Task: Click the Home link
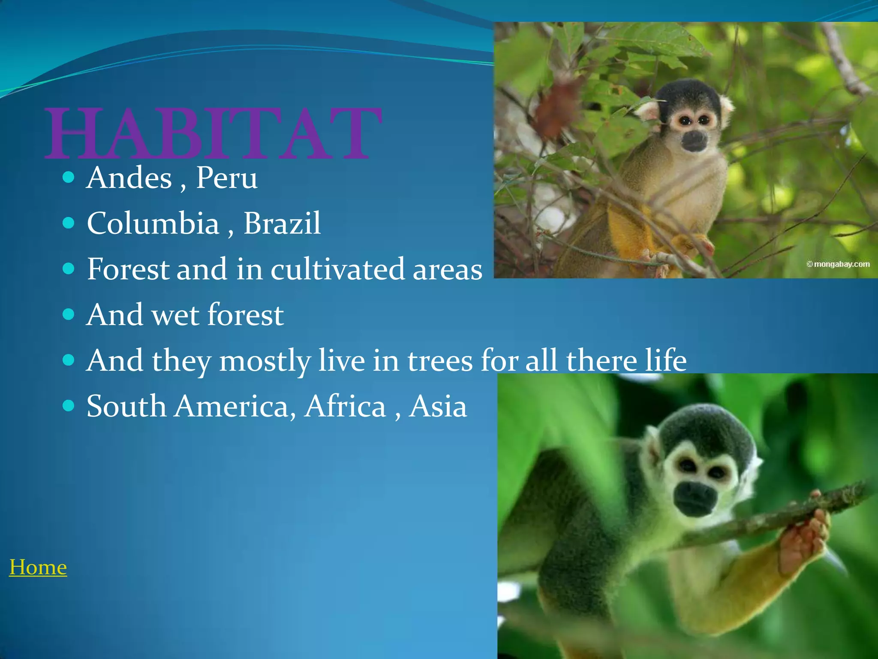pyautogui.click(x=38, y=567)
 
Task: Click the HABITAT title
pyautogui.click(x=213, y=133)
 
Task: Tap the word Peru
pyautogui.click(x=226, y=178)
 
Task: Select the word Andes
pyautogui.click(x=129, y=178)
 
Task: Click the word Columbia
pyautogui.click(x=153, y=224)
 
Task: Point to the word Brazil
pyautogui.click(x=282, y=224)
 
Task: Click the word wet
pyautogui.click(x=175, y=315)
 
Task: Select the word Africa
pyautogui.click(x=346, y=406)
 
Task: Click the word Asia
pyautogui.click(x=438, y=406)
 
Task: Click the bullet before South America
pyautogui.click(x=68, y=405)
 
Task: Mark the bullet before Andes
pyautogui.click(x=68, y=177)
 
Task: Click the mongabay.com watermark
pyautogui.click(x=838, y=264)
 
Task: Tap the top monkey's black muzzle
pyautogui.click(x=694, y=141)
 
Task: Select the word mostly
pyautogui.click(x=265, y=361)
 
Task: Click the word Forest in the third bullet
pyautogui.click(x=128, y=269)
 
